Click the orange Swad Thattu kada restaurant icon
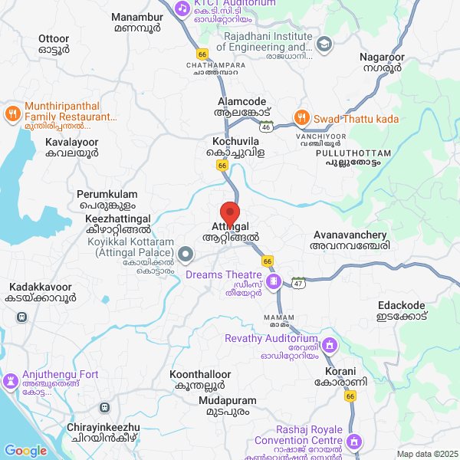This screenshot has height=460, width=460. tap(302, 119)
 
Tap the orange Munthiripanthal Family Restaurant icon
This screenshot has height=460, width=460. tap(11, 114)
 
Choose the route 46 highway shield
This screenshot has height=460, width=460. tap(265, 125)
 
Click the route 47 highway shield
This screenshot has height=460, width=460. tap(298, 283)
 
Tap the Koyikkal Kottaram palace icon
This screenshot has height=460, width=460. tap(186, 254)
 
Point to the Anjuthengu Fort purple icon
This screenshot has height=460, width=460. tap(11, 381)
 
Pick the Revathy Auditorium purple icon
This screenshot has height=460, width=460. tap(330, 344)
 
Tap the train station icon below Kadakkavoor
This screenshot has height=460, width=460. tap(23, 316)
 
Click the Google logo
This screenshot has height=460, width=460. tap(25, 451)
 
